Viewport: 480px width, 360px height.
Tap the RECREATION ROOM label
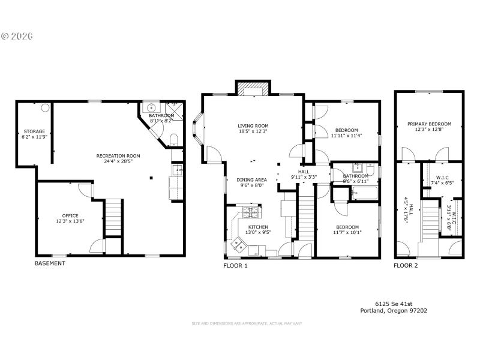pos(118,155)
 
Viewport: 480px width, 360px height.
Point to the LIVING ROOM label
pos(252,125)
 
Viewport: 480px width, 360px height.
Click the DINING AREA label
pos(251,179)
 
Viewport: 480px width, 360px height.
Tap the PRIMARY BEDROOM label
pos(429,124)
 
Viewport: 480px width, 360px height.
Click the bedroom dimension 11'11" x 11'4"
pos(346,136)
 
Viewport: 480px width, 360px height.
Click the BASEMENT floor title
pos(50,263)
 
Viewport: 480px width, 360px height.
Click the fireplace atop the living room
pos(253,89)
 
